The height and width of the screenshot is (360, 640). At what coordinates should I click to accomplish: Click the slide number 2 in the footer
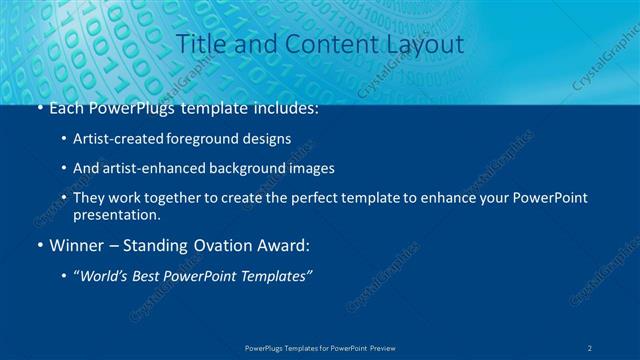[591, 348]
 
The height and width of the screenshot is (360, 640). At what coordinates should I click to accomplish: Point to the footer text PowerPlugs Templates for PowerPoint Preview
[320, 348]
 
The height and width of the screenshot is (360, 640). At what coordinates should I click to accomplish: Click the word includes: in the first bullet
[281, 109]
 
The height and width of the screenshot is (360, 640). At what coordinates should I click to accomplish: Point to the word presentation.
[116, 214]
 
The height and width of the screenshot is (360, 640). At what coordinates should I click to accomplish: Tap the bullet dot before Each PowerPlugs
[39, 109]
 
